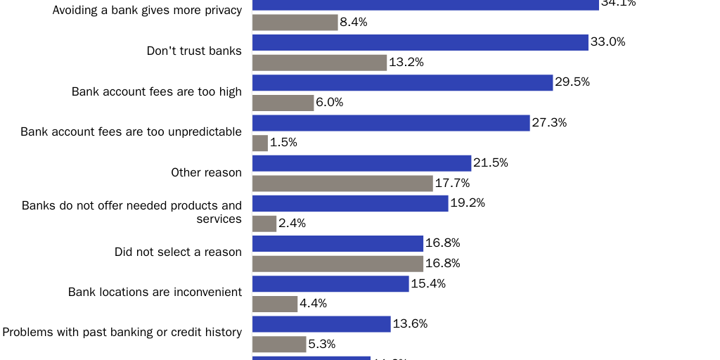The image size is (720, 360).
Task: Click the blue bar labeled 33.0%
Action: (x=420, y=42)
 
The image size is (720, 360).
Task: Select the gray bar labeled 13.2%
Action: (x=319, y=63)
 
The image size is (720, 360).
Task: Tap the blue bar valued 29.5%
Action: (x=402, y=83)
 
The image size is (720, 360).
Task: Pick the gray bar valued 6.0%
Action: (x=283, y=103)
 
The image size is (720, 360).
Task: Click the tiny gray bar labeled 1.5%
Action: (x=260, y=143)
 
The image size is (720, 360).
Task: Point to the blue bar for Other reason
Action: (x=361, y=163)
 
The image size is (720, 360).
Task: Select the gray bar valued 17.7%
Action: (x=342, y=184)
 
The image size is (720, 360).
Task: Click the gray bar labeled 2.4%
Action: (x=264, y=224)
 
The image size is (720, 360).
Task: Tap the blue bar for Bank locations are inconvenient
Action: (x=330, y=284)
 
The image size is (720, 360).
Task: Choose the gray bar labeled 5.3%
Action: (x=279, y=345)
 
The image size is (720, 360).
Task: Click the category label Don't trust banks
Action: (x=194, y=51)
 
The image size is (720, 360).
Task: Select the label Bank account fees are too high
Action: (x=157, y=91)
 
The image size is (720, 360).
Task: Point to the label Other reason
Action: (x=207, y=172)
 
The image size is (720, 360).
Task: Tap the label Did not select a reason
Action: (x=178, y=252)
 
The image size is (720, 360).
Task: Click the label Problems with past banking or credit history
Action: (x=122, y=332)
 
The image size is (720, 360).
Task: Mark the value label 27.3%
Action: (x=549, y=122)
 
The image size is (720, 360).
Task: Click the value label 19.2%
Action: (x=468, y=203)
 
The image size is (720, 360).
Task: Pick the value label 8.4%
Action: (x=354, y=22)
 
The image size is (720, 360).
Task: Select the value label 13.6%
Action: (x=411, y=324)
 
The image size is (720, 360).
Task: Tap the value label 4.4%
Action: (x=314, y=304)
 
